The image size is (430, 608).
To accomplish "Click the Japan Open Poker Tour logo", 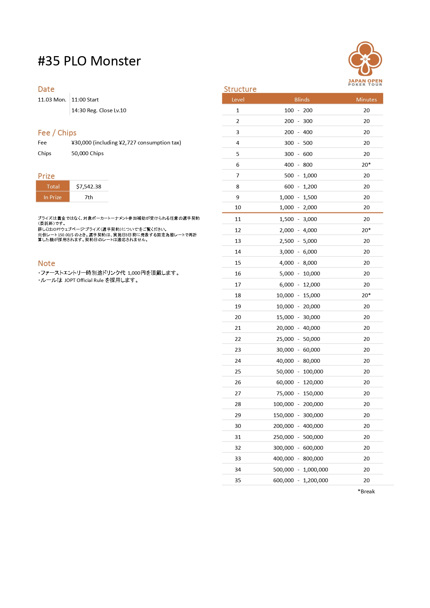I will pyautogui.click(x=365, y=63).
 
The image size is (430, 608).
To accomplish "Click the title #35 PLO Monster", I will pyautogui.click(x=89, y=61).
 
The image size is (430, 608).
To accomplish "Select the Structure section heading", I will pyautogui.click(x=240, y=89).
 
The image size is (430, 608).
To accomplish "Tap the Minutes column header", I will pyautogui.click(x=366, y=99).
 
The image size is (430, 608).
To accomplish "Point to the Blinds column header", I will pyautogui.click(x=302, y=99).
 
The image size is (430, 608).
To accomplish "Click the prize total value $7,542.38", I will pyautogui.click(x=89, y=186).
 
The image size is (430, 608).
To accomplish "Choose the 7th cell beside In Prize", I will pyautogui.click(x=89, y=197).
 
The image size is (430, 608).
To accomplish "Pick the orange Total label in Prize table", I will pyautogui.click(x=53, y=186).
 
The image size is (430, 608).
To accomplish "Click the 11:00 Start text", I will pyautogui.click(x=85, y=100).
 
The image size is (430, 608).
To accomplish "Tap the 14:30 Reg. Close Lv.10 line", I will pyautogui.click(x=99, y=111).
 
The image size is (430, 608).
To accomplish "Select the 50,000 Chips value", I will pyautogui.click(x=87, y=153).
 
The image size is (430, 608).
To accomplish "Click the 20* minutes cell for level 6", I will pyautogui.click(x=366, y=165).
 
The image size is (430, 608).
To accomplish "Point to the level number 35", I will pyautogui.click(x=238, y=480).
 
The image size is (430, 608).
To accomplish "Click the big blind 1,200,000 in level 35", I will pyautogui.click(x=315, y=480).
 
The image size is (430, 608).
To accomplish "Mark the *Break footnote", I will pyautogui.click(x=366, y=491).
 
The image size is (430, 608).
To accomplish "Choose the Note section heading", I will pyautogui.click(x=46, y=263).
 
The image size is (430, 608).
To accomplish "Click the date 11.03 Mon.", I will pyautogui.click(x=52, y=100).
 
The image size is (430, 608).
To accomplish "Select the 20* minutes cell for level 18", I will pyautogui.click(x=366, y=295).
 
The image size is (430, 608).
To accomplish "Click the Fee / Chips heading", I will pyautogui.click(x=57, y=133).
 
